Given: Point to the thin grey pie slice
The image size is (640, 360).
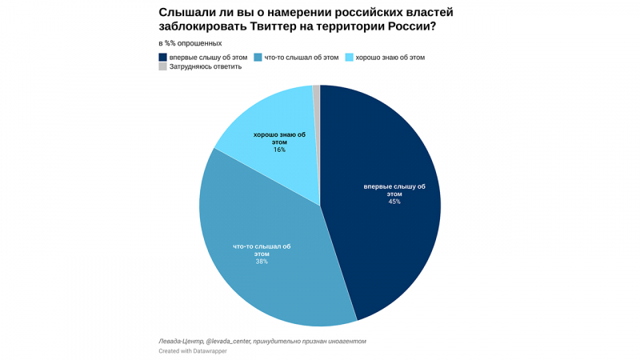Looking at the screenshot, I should pos(317,92).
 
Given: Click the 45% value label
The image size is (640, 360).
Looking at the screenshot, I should pos(394,202).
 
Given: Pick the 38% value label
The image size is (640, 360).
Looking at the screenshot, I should pos(262,262).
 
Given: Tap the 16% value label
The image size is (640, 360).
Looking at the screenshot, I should pos(279,150).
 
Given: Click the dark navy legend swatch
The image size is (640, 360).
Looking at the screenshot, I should pos(163,58).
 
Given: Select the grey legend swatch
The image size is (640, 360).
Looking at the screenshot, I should pos(163,67).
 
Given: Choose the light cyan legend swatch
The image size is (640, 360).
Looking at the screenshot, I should pos(350,58).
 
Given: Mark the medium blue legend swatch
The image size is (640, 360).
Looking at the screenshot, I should pos(258,58).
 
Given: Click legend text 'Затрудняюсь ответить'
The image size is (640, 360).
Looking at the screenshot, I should pos(206,67).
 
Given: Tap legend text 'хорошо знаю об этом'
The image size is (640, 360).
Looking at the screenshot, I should pos(390,58).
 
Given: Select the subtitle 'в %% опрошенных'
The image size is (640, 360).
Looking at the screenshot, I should pos(190,43).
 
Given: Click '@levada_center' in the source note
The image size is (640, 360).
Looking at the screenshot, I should pos(227,342).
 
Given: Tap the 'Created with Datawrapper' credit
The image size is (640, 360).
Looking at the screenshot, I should pos(192,351).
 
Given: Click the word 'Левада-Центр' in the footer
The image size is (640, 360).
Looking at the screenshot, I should pos(181,342).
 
